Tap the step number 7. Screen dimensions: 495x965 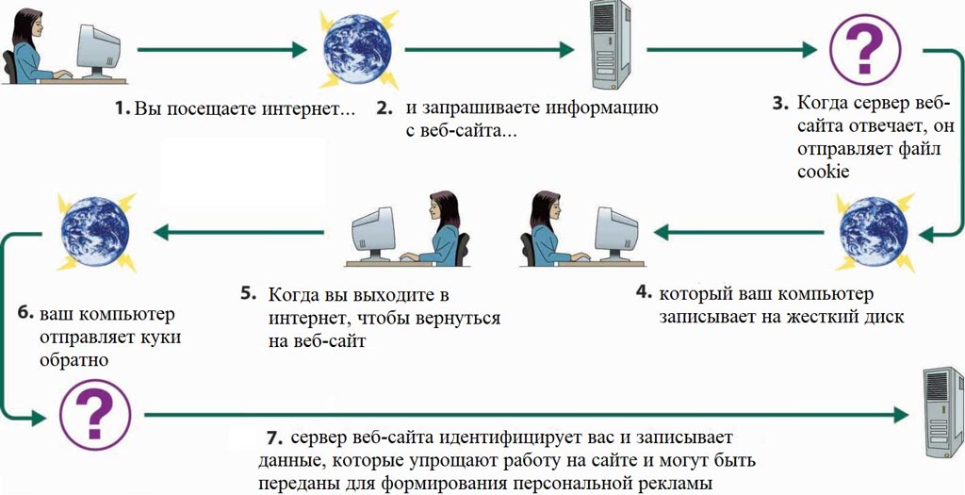[x=273, y=438]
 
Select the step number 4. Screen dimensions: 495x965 [x=643, y=293]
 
